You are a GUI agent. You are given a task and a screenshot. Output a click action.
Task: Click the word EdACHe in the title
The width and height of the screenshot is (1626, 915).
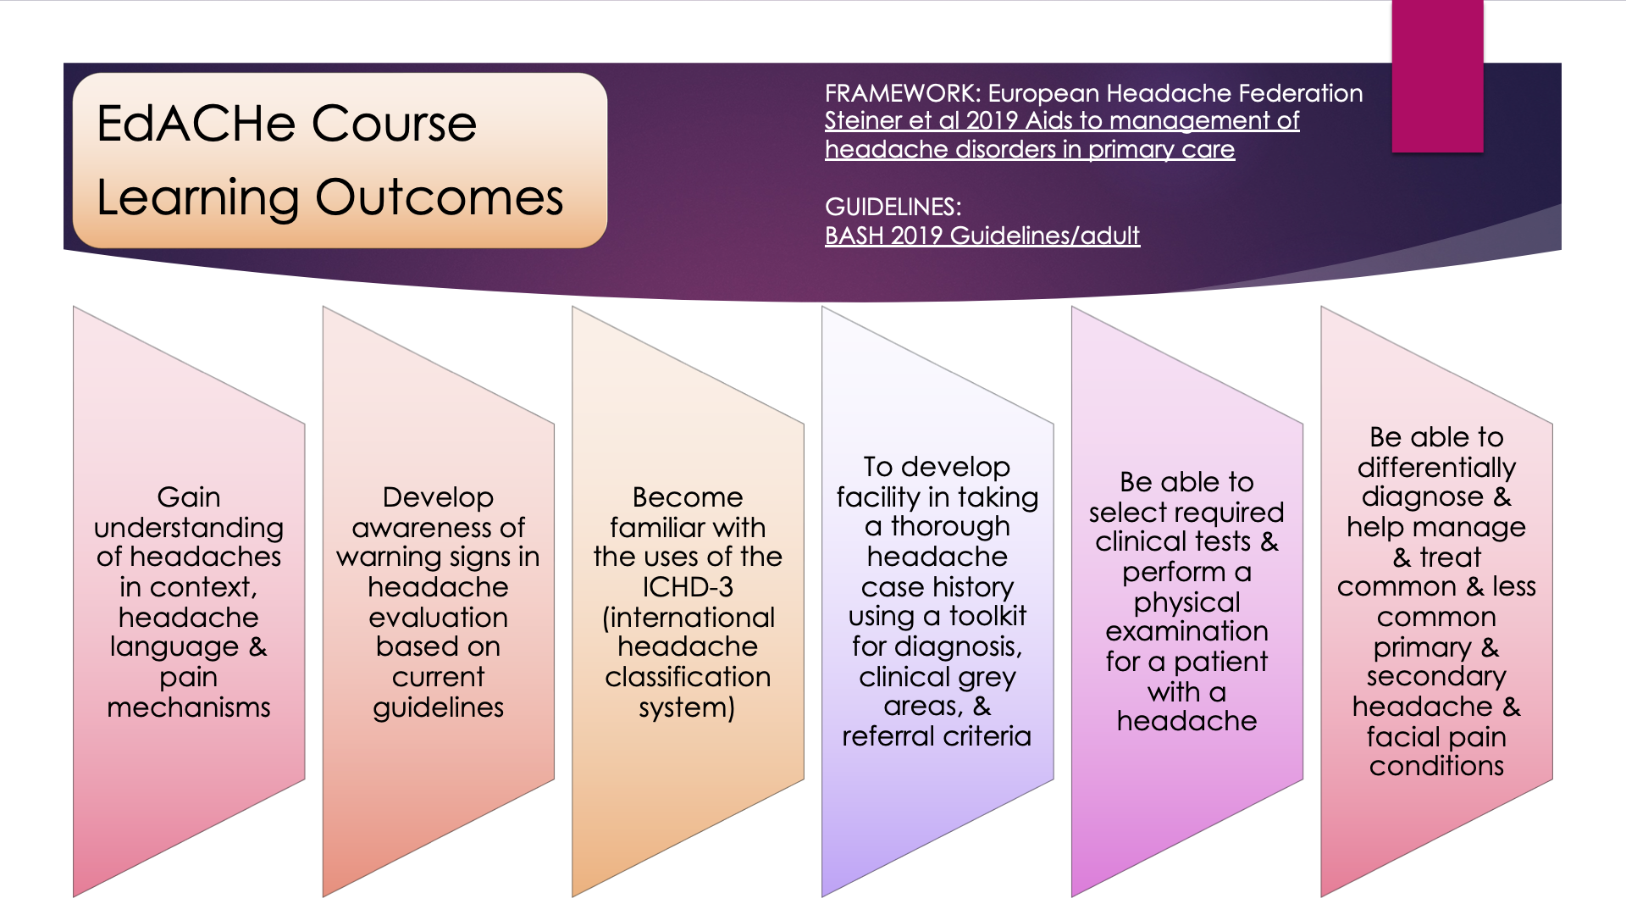pos(197,124)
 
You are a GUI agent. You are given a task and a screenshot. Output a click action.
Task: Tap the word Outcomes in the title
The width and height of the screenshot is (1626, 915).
pos(440,197)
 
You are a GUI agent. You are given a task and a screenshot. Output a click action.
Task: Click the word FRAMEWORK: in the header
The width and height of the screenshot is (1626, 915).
pos(903,93)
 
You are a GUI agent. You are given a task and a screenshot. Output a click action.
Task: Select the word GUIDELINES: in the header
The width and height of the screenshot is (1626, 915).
pos(893,207)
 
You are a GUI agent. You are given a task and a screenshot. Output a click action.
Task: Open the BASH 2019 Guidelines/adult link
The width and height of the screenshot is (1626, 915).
pos(982,236)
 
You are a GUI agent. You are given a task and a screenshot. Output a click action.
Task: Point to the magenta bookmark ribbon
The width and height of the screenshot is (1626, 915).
pos(1437,76)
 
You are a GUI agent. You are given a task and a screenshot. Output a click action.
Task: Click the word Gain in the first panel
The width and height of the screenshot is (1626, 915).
pos(189,497)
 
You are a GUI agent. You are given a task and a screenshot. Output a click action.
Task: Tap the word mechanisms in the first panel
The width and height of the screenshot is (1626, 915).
pos(189,707)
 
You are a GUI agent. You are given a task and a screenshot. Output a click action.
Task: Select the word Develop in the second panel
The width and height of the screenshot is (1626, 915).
pos(438,497)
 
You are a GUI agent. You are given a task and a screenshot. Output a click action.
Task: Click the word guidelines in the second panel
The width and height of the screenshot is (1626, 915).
pos(438,707)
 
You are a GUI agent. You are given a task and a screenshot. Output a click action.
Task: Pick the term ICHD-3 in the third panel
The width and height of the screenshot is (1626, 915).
pos(688,587)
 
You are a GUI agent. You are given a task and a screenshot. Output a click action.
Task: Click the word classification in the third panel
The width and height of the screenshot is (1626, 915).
pos(688,677)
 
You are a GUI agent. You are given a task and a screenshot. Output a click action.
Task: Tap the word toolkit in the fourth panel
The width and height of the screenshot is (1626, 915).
pos(987,616)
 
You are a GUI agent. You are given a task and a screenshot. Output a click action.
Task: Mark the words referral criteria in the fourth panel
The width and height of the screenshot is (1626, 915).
pos(937,736)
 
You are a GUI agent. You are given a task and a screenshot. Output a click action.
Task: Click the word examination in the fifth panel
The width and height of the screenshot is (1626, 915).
pos(1186,631)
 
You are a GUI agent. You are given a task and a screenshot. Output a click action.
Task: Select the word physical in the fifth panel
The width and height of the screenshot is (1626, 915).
pos(1186,602)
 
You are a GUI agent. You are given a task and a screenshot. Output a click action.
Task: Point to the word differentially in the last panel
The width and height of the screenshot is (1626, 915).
pos(1436,468)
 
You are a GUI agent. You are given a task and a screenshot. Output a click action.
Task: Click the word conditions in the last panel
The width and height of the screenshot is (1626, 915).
pos(1436,766)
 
